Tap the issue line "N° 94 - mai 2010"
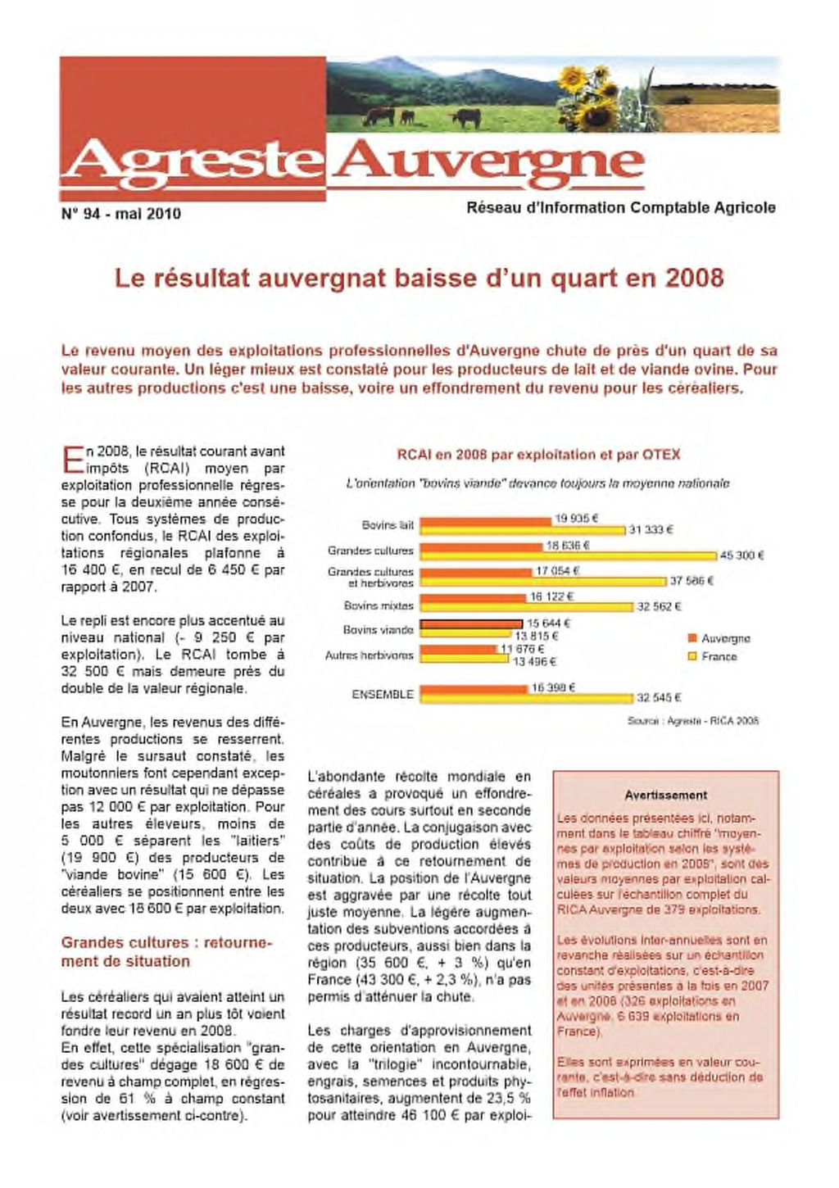click(x=121, y=214)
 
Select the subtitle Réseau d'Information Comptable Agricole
click(x=620, y=208)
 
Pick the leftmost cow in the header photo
click(x=379, y=115)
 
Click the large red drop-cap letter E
click(x=72, y=460)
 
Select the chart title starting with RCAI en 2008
click(x=538, y=455)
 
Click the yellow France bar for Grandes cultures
click(x=569, y=555)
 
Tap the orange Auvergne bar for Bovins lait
click(x=486, y=522)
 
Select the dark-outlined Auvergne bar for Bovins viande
click(x=471, y=624)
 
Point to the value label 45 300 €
click(x=741, y=555)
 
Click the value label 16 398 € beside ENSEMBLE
click(x=553, y=687)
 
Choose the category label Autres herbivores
click(x=370, y=655)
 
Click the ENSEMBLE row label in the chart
click(x=383, y=694)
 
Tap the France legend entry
click(x=712, y=656)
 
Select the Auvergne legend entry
click(x=719, y=638)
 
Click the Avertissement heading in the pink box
click(x=665, y=795)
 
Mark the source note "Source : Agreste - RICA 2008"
click(x=692, y=720)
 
